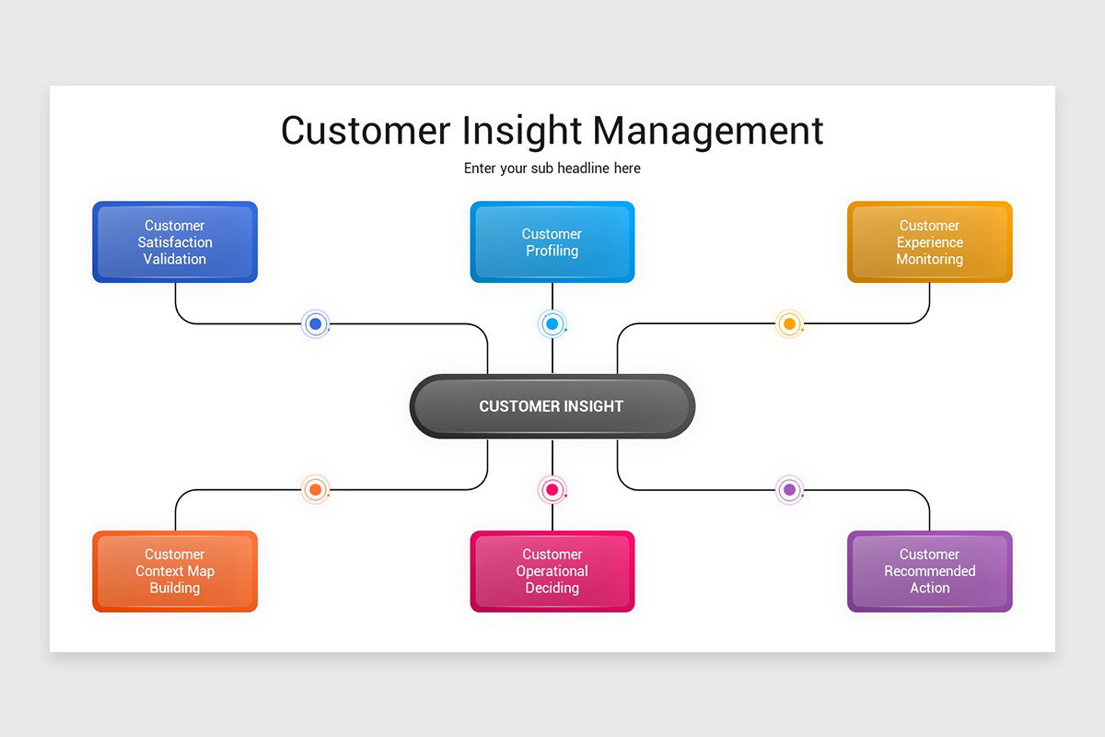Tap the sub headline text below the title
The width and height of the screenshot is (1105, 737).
(552, 169)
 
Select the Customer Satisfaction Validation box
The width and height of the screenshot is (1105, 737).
(175, 242)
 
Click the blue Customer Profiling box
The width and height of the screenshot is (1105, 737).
(552, 242)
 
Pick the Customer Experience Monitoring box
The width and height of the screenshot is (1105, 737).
(929, 242)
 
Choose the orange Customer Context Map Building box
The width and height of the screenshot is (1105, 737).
(175, 571)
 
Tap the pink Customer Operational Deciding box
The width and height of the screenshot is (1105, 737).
(552, 571)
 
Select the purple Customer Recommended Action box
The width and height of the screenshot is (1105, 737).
(929, 571)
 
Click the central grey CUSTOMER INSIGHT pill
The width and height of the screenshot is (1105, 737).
(552, 406)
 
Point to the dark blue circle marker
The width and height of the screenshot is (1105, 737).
(316, 323)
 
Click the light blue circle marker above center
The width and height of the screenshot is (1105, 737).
(552, 323)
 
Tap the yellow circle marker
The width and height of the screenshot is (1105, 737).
(789, 324)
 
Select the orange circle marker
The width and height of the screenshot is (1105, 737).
(316, 489)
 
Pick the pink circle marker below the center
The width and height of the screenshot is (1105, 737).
(552, 489)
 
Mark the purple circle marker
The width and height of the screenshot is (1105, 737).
(789, 489)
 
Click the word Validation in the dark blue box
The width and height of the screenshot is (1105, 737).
(175, 260)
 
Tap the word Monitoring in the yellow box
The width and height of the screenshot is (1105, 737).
(929, 260)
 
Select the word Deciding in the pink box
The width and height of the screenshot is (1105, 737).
(552, 589)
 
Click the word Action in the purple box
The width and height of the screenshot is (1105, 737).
(929, 589)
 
